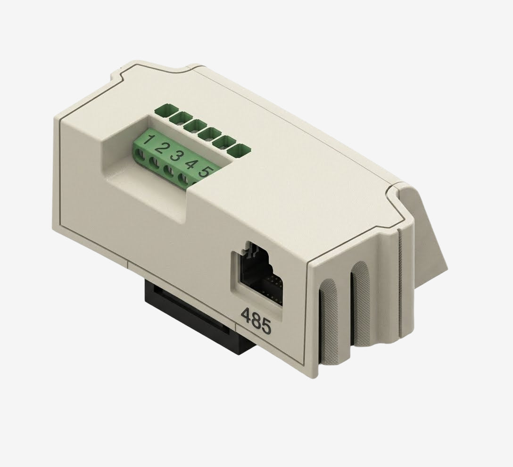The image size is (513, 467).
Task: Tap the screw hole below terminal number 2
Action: coord(154,162)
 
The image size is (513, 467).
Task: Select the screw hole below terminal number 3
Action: coord(168,170)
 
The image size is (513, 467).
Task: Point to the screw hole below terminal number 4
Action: coord(183,178)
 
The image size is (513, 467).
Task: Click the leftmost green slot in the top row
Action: coord(164,110)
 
